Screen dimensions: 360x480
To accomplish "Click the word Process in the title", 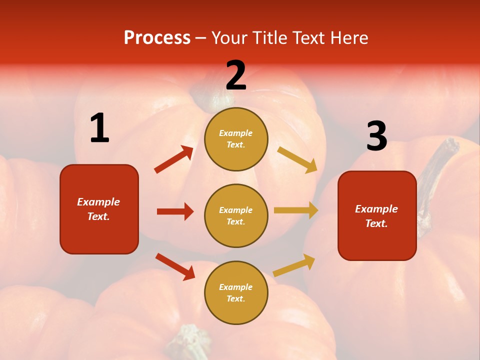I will click(x=157, y=37).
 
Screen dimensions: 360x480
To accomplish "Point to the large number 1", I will click(x=99, y=128).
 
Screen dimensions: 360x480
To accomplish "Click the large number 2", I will click(x=236, y=75).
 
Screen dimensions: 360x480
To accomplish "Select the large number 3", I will click(x=376, y=136).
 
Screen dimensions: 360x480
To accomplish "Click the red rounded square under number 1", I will click(x=99, y=209).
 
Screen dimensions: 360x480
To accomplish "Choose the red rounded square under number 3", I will click(x=377, y=216).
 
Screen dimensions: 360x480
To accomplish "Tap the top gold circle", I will click(x=236, y=139).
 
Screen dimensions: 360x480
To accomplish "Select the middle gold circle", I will click(x=236, y=215).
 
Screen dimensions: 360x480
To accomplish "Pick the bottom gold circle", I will click(x=236, y=292).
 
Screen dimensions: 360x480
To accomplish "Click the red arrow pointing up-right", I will click(x=174, y=159).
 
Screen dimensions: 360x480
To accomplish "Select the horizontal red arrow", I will click(x=175, y=211).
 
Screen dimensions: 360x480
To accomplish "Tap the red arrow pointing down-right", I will click(x=175, y=266).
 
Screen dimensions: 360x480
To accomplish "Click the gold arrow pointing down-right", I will click(x=297, y=159).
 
